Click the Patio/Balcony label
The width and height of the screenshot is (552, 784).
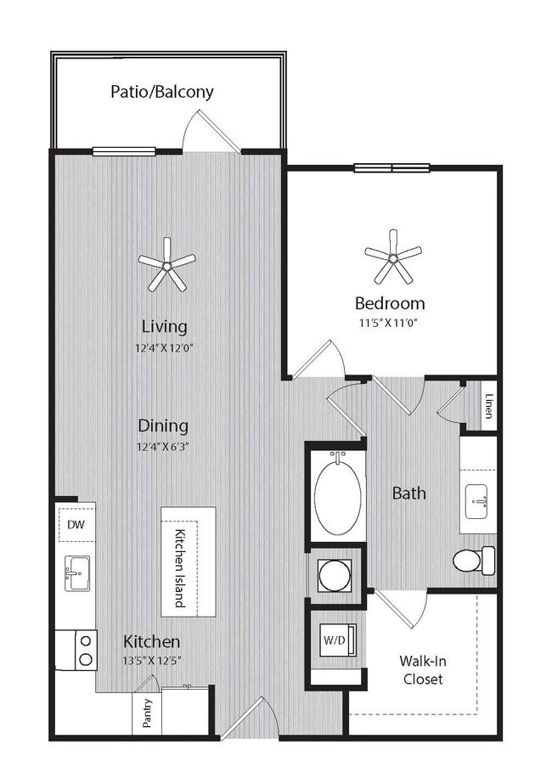[161, 91]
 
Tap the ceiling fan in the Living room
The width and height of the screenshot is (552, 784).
[166, 265]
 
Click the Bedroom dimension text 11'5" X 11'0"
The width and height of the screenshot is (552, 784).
[389, 322]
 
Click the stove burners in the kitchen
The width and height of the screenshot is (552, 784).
[85, 650]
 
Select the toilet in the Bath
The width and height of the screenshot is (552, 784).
[473, 561]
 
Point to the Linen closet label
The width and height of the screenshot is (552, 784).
[489, 405]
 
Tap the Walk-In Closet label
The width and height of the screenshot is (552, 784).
[422, 669]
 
